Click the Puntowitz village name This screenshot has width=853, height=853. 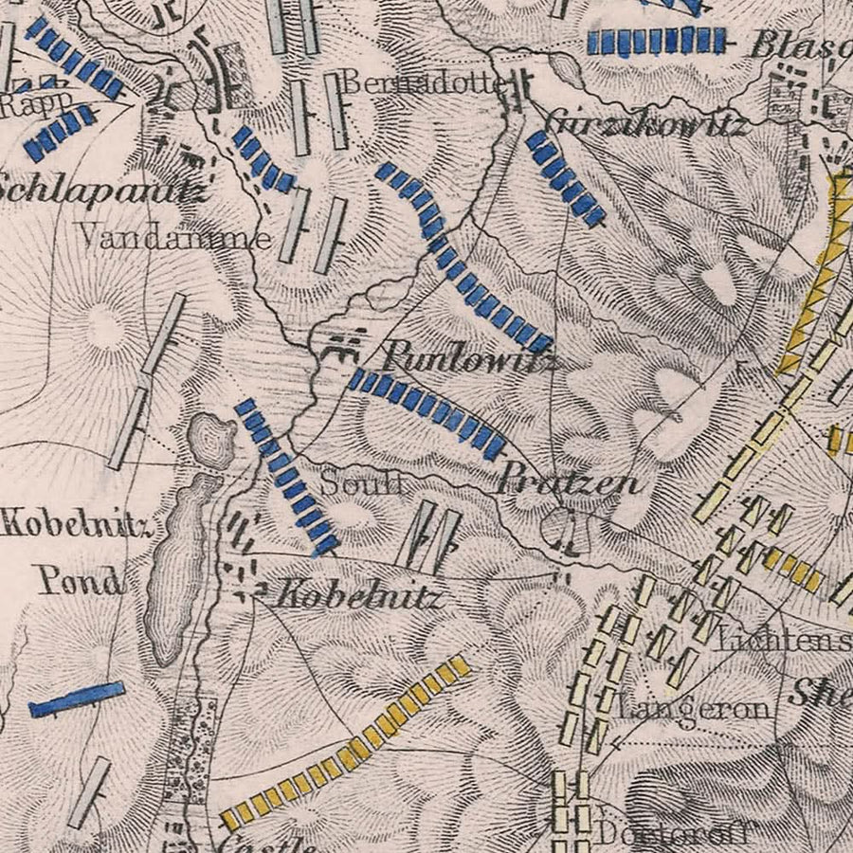click(469, 359)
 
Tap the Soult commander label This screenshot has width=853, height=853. click(361, 483)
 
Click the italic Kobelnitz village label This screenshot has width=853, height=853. click(358, 597)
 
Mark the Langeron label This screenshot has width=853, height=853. click(693, 710)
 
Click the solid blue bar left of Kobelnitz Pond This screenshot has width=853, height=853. click(76, 699)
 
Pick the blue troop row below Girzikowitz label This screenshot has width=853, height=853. click(565, 177)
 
